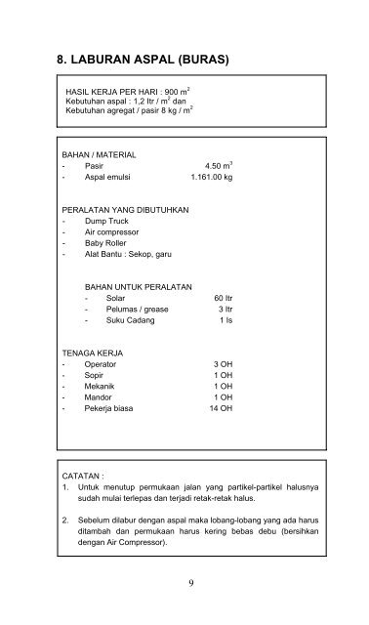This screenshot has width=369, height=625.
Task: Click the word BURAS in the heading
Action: click(x=194, y=60)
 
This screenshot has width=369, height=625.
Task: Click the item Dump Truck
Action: click(x=104, y=222)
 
